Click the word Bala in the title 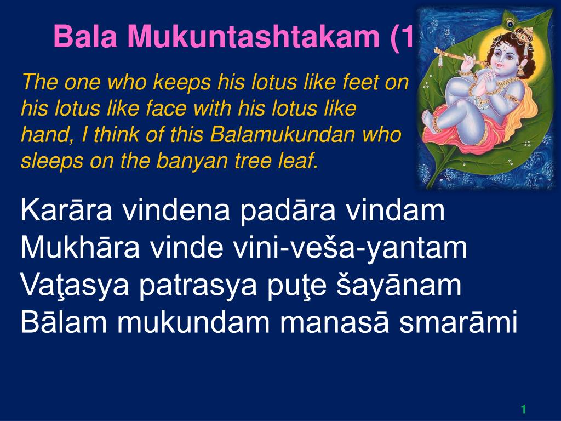(x=85, y=36)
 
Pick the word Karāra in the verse (x=66, y=210)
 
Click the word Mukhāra (x=79, y=247)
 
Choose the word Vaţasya (x=75, y=285)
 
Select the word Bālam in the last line (x=64, y=322)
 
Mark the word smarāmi (x=458, y=322)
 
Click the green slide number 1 (x=523, y=409)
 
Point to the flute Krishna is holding (x=461, y=58)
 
